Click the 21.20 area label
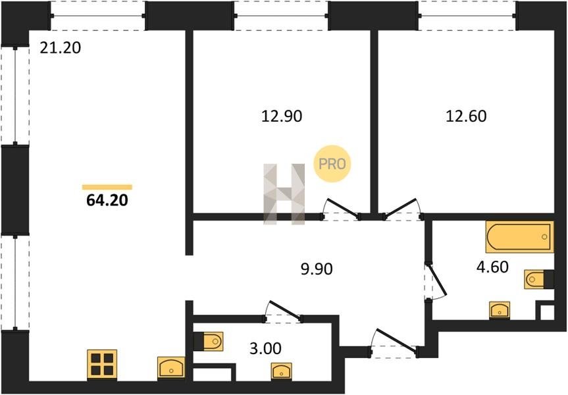click(x=60, y=48)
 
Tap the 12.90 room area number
click(x=282, y=117)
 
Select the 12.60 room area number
click(x=466, y=117)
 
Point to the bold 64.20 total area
click(x=107, y=200)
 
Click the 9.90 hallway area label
click(x=317, y=269)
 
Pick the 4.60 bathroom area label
click(x=492, y=267)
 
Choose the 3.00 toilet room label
click(x=265, y=349)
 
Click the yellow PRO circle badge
click(x=332, y=164)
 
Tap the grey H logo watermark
click(x=284, y=194)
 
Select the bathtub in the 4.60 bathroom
click(x=519, y=236)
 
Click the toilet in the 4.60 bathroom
click(x=538, y=279)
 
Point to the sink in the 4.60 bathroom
click(x=500, y=311)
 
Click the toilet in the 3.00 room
click(x=208, y=342)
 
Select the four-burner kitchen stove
click(x=102, y=365)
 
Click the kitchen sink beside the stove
click(x=171, y=368)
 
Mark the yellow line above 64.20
click(x=107, y=187)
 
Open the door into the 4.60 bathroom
click(x=436, y=281)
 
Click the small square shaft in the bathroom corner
click(x=547, y=312)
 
